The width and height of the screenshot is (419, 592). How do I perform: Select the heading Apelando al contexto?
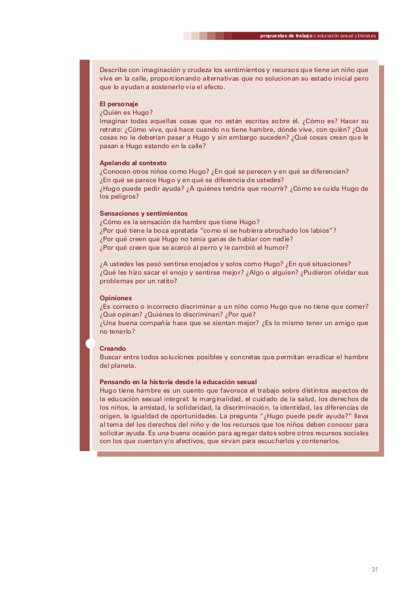[132, 162]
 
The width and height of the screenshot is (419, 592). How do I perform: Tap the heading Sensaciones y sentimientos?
[143, 213]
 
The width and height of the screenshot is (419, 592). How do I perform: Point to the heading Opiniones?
[115, 297]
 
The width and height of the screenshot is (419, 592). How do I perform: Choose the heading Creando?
[112, 348]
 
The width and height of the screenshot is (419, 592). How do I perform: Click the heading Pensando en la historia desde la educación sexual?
[178, 382]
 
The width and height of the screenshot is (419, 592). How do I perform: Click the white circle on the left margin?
[90, 343]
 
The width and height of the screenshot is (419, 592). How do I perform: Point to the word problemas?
[118, 281]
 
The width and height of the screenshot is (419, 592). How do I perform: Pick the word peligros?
[122, 197]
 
